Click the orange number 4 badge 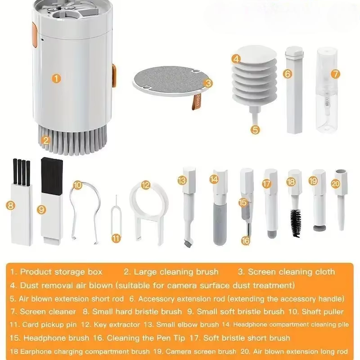pos(236,58)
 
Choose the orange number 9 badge pos(41,209)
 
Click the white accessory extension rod pos(295,92)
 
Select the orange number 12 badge pos(145,185)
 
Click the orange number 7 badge pos(335,73)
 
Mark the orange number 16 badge pos(245,241)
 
